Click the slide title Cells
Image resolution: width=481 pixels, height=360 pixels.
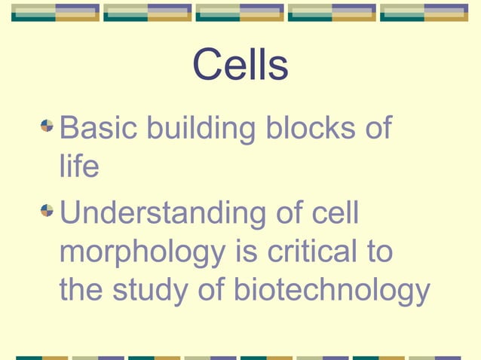point(240,66)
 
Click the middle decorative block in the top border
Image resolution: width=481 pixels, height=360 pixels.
point(240,13)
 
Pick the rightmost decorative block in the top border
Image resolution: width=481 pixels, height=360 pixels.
point(424,13)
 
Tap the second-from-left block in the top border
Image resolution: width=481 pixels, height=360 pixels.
point(147,13)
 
